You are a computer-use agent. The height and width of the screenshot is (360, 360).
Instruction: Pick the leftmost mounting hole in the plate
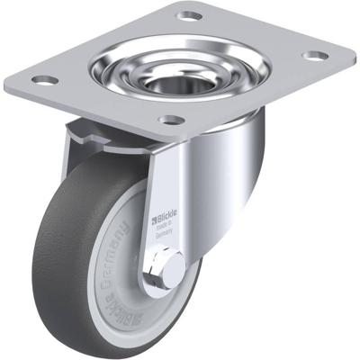tap(42, 80)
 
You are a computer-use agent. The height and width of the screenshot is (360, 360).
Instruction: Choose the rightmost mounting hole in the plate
tap(315, 56)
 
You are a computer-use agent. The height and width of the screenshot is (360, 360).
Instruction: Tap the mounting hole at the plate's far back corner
tap(190, 15)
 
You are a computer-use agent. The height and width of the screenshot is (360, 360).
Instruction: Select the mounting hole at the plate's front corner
tap(171, 121)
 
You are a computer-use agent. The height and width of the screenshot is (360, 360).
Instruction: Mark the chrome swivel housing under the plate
tap(225, 162)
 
